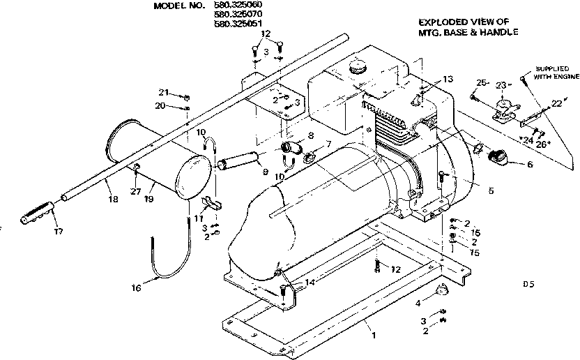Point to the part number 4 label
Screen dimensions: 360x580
point(418,303)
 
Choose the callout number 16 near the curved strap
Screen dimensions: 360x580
point(137,287)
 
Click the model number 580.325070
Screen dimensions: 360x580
point(234,14)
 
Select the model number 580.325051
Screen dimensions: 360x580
point(234,23)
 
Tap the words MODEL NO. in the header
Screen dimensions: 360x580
point(179,5)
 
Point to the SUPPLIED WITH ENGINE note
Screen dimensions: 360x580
point(555,73)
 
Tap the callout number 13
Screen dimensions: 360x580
point(447,78)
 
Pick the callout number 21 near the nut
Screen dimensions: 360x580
point(163,92)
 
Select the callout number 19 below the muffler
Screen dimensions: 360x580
point(148,200)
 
